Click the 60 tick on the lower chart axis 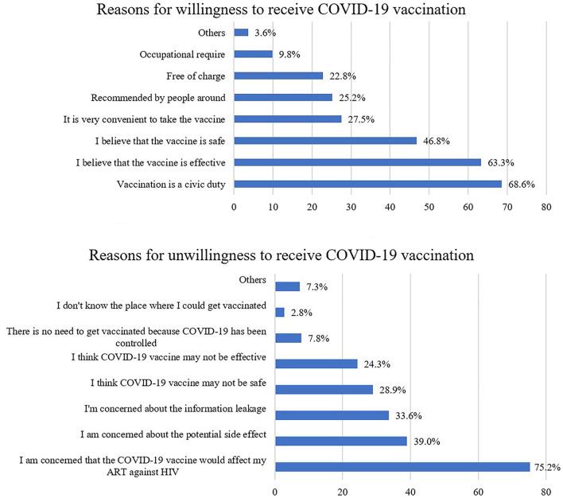tap(478, 491)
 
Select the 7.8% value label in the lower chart tap(317, 338)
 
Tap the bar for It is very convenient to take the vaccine tap(287, 119)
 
